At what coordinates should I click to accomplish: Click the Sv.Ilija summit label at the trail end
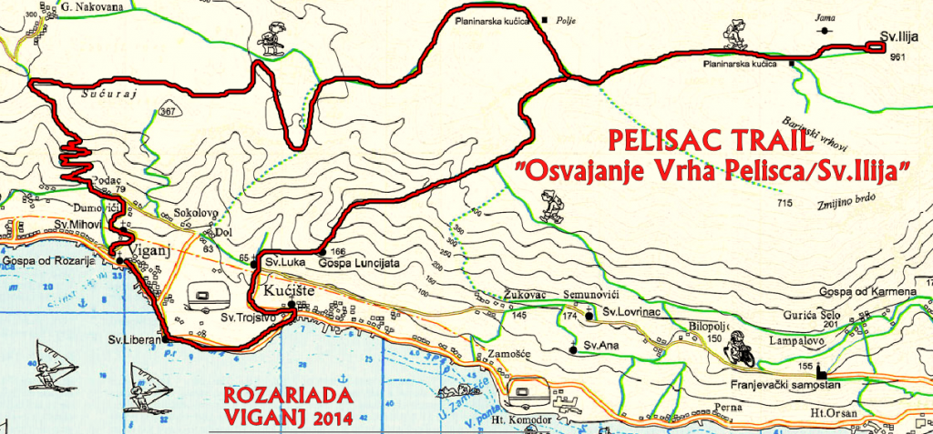tap(898, 37)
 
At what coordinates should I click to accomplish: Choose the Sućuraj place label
tap(100, 93)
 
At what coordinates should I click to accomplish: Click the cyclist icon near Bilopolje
tap(743, 353)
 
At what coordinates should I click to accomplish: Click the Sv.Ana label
tap(601, 346)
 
